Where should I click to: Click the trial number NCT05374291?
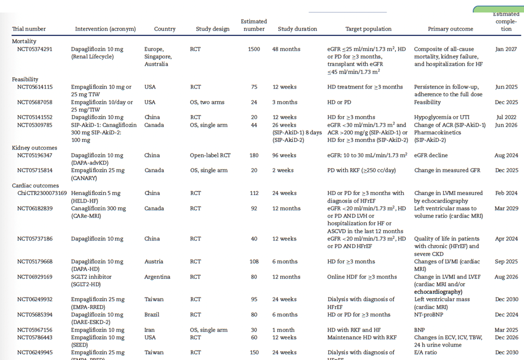[34, 49]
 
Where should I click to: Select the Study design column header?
[213, 29]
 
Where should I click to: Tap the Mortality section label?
[24, 41]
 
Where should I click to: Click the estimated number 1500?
[254, 49]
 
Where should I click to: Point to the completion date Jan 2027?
[506, 49]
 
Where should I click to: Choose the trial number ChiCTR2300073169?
[42, 193]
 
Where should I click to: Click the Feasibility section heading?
[26, 80]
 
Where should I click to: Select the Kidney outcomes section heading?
[34, 148]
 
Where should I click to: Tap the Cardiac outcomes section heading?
[35, 185]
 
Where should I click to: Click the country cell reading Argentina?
[157, 277]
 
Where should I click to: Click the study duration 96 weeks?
[284, 155]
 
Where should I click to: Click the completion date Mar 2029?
[506, 208]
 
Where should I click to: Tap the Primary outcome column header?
[450, 29]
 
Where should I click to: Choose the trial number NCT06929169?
[34, 277]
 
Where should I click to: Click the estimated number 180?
[254, 155]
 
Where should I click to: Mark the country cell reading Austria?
[154, 262]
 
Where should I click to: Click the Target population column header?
[368, 29]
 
